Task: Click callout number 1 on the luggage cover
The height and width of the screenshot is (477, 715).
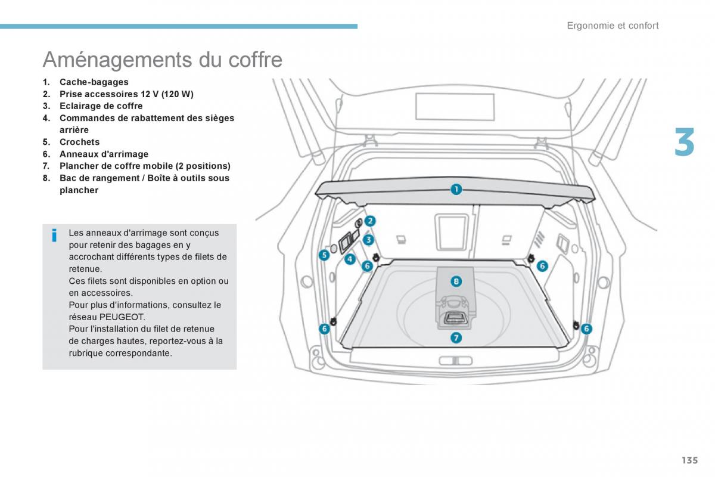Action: pyautogui.click(x=455, y=190)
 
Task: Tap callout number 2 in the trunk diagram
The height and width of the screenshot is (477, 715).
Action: pyautogui.click(x=370, y=221)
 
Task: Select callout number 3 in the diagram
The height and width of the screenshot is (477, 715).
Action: pyautogui.click(x=368, y=240)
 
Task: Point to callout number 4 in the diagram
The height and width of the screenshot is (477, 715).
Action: pyautogui.click(x=350, y=259)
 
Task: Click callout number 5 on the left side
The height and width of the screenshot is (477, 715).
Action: pyautogui.click(x=324, y=255)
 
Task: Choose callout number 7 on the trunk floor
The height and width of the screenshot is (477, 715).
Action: pyautogui.click(x=455, y=338)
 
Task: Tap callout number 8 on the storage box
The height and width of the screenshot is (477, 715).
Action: pyautogui.click(x=456, y=281)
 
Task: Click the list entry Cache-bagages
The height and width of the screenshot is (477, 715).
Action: pyautogui.click(x=94, y=82)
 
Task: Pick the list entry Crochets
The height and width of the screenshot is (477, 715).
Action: pyautogui.click(x=79, y=142)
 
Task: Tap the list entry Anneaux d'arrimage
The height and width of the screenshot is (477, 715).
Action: pyautogui.click(x=104, y=154)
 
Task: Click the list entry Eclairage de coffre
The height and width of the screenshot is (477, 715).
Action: pyautogui.click(x=101, y=106)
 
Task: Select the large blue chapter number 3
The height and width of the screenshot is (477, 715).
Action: pyautogui.click(x=684, y=143)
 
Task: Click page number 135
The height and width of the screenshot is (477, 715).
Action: pyautogui.click(x=689, y=460)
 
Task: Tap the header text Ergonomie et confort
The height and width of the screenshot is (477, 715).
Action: pyautogui.click(x=613, y=26)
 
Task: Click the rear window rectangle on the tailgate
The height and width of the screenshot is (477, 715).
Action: pyautogui.click(x=455, y=107)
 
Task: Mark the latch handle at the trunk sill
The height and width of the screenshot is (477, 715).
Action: pyautogui.click(x=455, y=361)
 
